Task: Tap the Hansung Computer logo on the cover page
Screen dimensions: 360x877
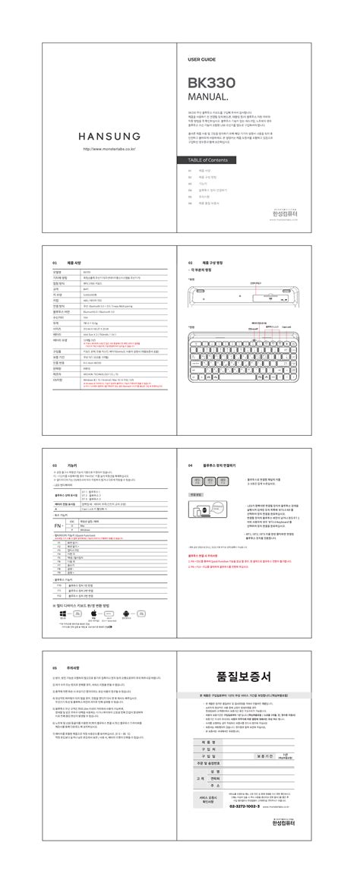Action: [288, 213]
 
